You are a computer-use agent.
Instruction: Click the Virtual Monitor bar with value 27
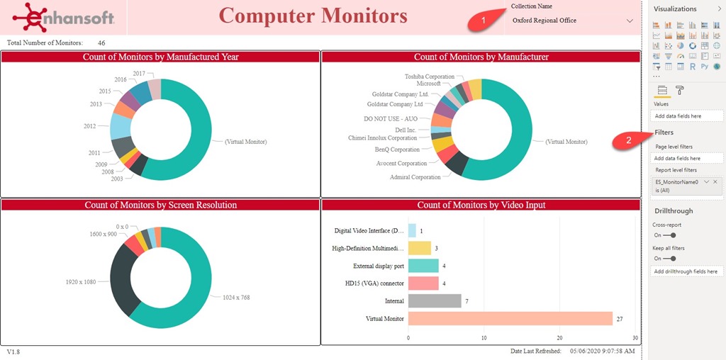510,318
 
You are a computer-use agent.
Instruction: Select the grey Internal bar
435,301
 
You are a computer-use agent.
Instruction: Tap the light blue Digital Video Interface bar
412,230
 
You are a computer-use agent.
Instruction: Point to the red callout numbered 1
484,21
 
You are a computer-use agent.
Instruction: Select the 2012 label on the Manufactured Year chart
89,126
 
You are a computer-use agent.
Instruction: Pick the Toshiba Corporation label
430,77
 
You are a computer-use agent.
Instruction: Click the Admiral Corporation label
415,177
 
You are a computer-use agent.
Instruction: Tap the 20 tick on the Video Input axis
560,338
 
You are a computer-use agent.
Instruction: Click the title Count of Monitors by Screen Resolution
160,205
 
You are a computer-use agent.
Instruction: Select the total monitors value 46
101,43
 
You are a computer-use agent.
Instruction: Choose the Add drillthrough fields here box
686,271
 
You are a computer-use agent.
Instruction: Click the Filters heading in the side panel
664,133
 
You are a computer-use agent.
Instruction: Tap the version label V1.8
14,351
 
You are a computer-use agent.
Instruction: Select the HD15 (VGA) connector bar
423,283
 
